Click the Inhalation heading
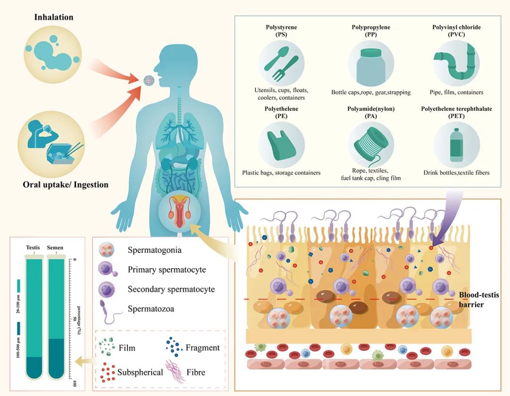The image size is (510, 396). [53, 17]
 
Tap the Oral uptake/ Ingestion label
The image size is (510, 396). [66, 185]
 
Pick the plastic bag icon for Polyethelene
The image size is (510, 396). [282, 143]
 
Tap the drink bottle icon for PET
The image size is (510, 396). [456, 143]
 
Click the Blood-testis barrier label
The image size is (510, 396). [479, 299]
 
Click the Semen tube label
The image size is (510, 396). [57, 247]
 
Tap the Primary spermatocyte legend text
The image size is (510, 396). [167, 270]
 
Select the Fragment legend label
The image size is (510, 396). [203, 348]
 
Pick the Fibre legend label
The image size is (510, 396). [195, 372]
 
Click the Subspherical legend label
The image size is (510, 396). [140, 372]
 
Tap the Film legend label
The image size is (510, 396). [127, 348]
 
